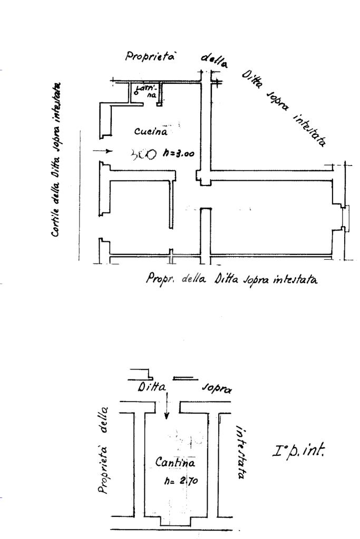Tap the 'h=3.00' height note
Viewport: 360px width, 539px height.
pos(179,154)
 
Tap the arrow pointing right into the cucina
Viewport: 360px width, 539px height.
pos(103,151)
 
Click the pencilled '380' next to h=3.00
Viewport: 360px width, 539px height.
pos(143,154)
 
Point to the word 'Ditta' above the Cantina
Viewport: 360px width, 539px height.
pos(151,388)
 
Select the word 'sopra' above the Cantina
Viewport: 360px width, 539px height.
pos(216,389)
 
